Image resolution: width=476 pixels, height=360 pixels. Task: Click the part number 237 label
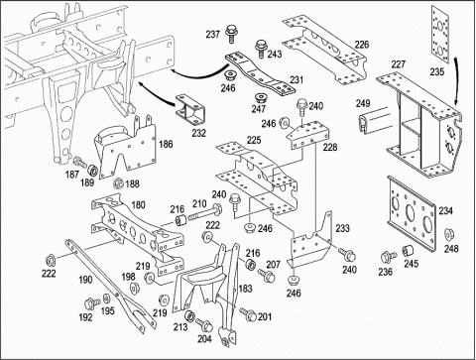tap(213, 34)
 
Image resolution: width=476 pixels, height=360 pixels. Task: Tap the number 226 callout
tap(362, 45)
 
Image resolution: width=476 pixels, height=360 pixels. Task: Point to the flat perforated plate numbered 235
tap(440, 34)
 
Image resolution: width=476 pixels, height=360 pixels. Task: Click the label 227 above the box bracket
tap(398, 64)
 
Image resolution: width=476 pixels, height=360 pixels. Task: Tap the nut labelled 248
tap(449, 234)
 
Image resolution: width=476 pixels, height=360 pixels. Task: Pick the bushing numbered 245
tap(409, 251)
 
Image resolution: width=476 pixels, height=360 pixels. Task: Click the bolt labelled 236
tap(388, 257)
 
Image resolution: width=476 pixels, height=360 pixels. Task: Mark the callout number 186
tap(166, 144)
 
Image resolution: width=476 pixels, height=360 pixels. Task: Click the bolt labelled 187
tap(79, 162)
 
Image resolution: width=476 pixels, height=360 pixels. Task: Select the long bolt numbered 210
tap(205, 213)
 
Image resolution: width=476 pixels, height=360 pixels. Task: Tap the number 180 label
tap(138, 205)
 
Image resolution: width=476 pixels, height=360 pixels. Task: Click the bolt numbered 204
tap(204, 324)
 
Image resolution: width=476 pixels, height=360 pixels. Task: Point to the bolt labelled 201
tap(248, 313)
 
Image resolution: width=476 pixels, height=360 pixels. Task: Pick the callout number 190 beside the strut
tap(85, 280)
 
